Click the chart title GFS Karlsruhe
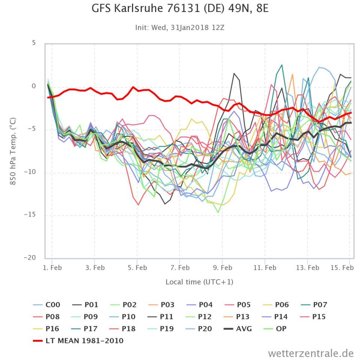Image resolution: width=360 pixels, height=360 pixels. click(180, 8)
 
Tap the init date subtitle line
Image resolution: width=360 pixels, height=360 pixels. click(180, 27)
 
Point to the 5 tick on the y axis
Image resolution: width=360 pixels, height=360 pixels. click(33, 43)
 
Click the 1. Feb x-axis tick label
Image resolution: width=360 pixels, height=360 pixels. click(52, 268)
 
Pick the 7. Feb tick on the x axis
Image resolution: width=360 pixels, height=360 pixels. click(180, 268)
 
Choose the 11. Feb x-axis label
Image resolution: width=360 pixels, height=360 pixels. click(265, 268)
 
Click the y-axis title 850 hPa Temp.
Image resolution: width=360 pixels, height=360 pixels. click(13, 151)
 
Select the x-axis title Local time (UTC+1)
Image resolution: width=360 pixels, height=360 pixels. click(199, 282)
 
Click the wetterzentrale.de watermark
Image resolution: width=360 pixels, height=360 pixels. click(311, 353)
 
